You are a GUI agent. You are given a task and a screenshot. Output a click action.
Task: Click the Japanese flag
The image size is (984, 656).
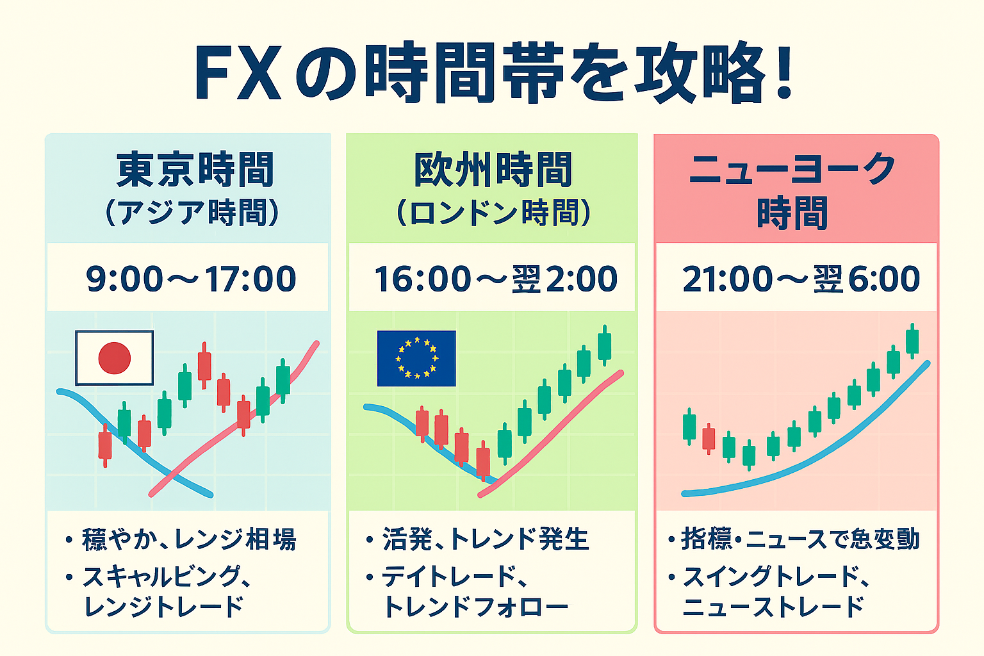click(x=114, y=357)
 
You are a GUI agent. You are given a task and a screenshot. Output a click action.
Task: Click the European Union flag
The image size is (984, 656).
click(x=416, y=358)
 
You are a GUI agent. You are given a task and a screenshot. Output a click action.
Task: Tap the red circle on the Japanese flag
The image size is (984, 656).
click(x=114, y=357)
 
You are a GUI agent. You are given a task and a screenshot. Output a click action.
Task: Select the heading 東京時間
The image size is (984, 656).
click(x=195, y=169)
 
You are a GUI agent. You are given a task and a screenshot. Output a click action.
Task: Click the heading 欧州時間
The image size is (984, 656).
click(x=493, y=169)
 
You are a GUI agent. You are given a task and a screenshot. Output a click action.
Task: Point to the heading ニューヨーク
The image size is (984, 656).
click(x=792, y=168)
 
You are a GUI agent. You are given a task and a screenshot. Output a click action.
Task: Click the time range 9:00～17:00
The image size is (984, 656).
click(x=191, y=279)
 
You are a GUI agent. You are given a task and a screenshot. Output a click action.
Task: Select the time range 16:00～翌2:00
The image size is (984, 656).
click(x=495, y=279)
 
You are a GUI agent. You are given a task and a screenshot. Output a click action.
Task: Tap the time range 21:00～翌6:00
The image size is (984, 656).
click(x=801, y=279)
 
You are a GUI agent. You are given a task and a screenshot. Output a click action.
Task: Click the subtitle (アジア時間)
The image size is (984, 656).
click(x=192, y=213)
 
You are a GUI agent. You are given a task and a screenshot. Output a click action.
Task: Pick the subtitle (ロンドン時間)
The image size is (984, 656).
click(x=493, y=213)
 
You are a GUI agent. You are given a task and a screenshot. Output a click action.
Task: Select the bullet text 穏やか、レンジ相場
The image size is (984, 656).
click(x=189, y=539)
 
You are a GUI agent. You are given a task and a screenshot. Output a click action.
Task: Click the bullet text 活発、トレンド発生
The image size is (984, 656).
click(x=486, y=539)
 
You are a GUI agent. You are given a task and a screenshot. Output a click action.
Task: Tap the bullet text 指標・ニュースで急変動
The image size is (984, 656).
click(x=799, y=539)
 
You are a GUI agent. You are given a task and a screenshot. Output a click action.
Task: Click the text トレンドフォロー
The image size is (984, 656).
click(x=476, y=607)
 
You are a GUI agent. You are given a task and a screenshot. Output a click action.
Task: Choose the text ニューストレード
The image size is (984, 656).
click(x=773, y=607)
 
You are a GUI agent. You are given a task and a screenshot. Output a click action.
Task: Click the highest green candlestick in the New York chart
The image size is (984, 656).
click(x=912, y=341)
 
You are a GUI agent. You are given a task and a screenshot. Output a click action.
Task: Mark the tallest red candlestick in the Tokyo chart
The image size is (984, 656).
click(x=204, y=366)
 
